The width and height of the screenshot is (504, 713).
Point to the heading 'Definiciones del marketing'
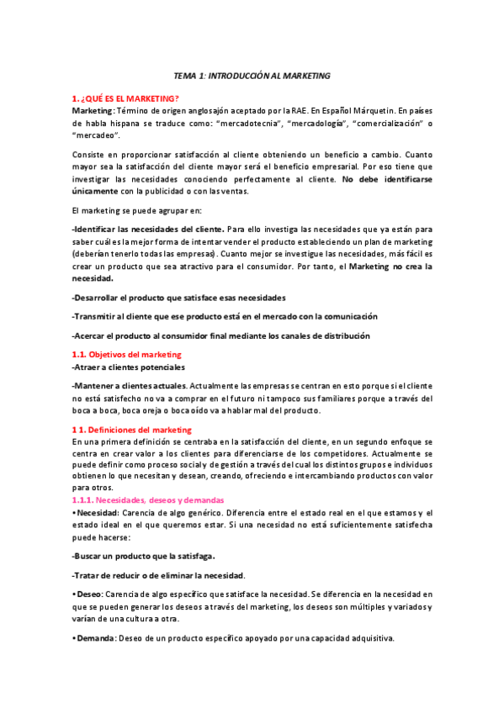click(x=139, y=430)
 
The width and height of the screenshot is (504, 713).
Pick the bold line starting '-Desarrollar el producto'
click(x=178, y=298)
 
